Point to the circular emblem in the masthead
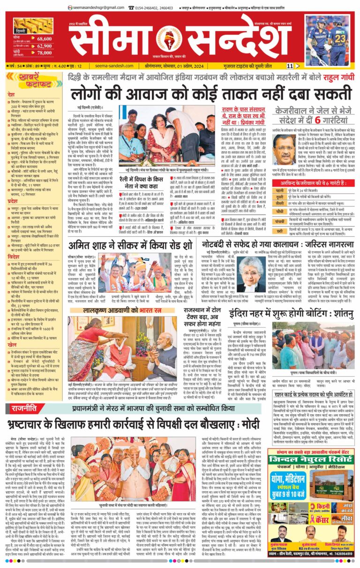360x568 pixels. pyautogui.click(x=168, y=39)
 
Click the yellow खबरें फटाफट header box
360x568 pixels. pyautogui.click(x=30, y=81)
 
